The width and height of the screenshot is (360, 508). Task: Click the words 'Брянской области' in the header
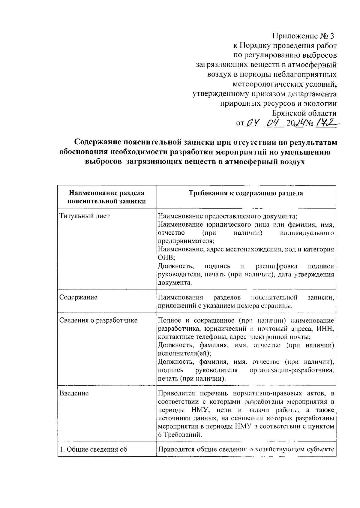pyautogui.click(x=304, y=113)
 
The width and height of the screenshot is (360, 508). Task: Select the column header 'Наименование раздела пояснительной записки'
pyautogui.click(x=106, y=197)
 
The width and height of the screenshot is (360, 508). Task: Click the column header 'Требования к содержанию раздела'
pyautogui.click(x=245, y=193)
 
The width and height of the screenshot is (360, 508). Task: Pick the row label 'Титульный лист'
pyautogui.click(x=85, y=216)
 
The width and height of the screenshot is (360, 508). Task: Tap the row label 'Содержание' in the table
pyautogui.click(x=78, y=297)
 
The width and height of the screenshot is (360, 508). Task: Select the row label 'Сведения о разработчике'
pyautogui.click(x=98, y=320)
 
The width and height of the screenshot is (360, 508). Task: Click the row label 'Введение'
pyautogui.click(x=74, y=393)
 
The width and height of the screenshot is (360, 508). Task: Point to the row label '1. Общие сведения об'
pyautogui.click(x=93, y=449)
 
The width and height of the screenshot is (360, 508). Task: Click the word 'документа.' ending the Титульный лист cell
pyautogui.click(x=175, y=283)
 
